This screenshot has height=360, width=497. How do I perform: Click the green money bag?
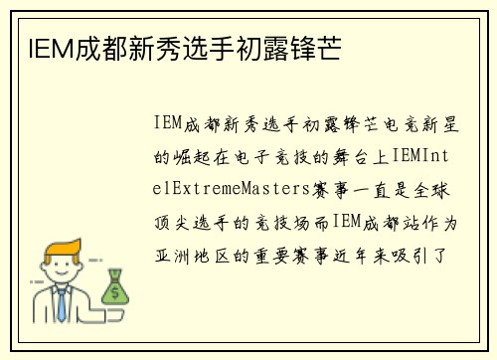[x=115, y=287]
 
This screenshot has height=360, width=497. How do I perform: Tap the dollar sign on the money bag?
[x=115, y=291]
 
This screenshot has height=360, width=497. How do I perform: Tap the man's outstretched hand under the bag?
[x=112, y=308]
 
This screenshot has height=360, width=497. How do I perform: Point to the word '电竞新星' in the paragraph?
[x=428, y=123]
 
